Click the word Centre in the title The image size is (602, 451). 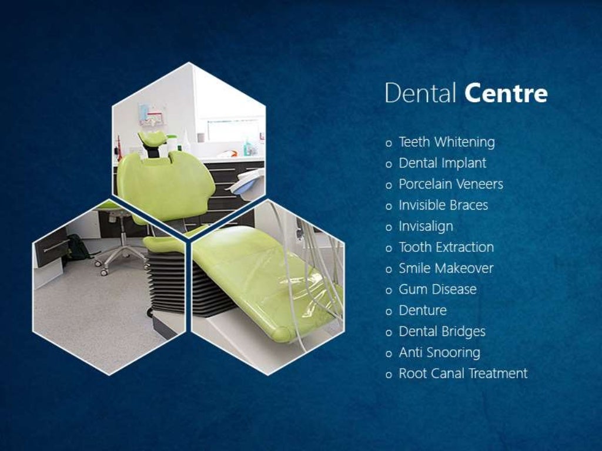[x=506, y=93]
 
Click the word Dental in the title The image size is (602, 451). [x=421, y=93]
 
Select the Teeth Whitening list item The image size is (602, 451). [x=447, y=142]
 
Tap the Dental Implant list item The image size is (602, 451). [x=443, y=163]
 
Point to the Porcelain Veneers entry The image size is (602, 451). [x=451, y=184]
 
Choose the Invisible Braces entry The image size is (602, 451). [x=443, y=206]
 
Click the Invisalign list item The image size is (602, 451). [x=426, y=227]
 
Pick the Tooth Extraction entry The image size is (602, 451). [x=446, y=248]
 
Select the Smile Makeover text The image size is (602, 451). [x=446, y=269]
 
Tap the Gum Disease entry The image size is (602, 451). [x=437, y=290]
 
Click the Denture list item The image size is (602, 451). [x=423, y=311]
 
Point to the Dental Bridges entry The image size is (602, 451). [x=442, y=332]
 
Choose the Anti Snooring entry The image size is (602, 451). [x=439, y=353]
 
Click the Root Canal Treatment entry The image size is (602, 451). [x=463, y=374]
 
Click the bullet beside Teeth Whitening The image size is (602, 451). [x=389, y=143]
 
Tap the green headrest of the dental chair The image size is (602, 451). [x=152, y=139]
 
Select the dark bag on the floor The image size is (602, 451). [x=77, y=247]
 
